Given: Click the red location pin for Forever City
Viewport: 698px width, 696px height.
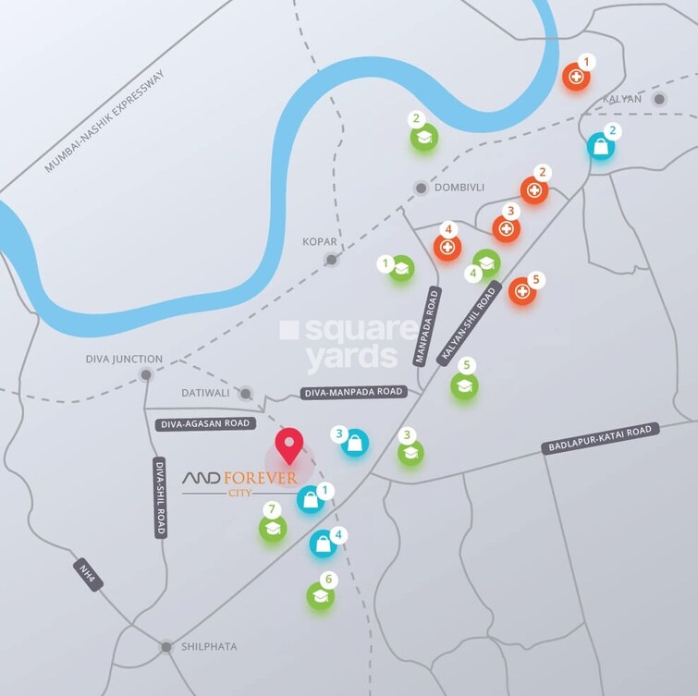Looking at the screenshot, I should [290, 445].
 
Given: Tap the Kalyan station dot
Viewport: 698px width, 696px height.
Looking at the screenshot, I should [659, 99].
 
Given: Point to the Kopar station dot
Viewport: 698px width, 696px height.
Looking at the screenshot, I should [332, 261].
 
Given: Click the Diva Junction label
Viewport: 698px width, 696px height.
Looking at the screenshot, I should [124, 359].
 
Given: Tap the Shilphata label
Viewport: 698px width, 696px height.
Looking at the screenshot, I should [208, 647].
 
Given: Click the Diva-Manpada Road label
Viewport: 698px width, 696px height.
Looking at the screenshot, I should [353, 392].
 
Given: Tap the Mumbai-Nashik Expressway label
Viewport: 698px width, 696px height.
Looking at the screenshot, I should [104, 122].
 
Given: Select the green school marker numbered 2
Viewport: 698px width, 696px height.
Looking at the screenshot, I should [423, 137].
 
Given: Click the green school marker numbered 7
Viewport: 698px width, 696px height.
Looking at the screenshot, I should [273, 528].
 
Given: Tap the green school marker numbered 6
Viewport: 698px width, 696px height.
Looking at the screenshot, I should [320, 596].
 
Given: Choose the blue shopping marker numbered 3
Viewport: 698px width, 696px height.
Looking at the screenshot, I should [354, 444].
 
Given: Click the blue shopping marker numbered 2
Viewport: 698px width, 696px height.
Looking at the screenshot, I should [601, 145].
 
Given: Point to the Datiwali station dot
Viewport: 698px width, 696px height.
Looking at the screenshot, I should [245, 394].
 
